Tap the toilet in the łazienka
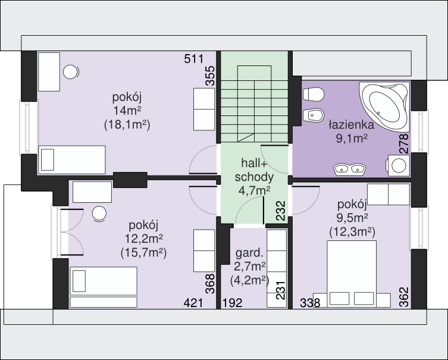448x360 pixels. [314, 94]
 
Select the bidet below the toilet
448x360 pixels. [314, 115]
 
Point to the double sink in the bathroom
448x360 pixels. [349, 169]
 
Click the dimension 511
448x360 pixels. [194, 59]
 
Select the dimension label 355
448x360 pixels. [210, 76]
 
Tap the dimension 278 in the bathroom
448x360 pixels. [404, 144]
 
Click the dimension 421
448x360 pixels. [193, 303]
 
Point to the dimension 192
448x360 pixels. [232, 303]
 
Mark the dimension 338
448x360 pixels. [310, 303]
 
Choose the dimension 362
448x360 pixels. [404, 297]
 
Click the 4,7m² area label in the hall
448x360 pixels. [254, 190]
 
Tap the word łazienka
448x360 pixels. [351, 125]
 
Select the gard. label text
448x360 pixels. [249, 253]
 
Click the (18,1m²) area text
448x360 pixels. [127, 125]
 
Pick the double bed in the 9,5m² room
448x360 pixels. [352, 274]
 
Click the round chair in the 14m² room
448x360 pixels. [71, 72]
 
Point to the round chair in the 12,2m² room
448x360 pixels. [99, 214]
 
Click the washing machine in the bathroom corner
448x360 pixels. [397, 165]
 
